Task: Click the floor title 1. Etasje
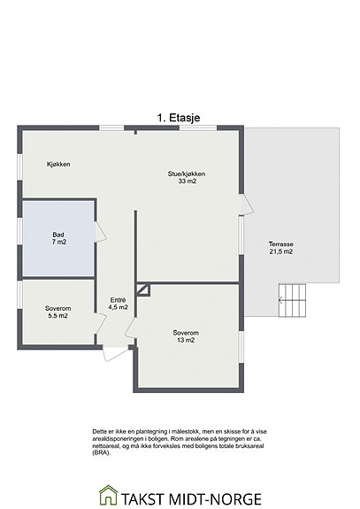(x=179, y=118)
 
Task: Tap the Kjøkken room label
(x=58, y=165)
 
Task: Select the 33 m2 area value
(x=188, y=181)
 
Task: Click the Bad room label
(x=58, y=235)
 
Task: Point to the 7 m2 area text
(x=59, y=242)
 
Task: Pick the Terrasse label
(x=281, y=244)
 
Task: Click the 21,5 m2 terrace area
(x=281, y=251)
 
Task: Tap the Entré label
(x=118, y=300)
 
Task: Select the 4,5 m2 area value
(x=118, y=307)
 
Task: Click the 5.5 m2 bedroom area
(x=57, y=315)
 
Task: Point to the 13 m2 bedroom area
(x=186, y=340)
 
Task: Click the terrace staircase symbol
(x=292, y=301)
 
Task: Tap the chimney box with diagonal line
(x=143, y=290)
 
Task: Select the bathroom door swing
(x=100, y=231)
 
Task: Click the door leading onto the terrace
(x=247, y=204)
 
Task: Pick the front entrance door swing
(x=115, y=354)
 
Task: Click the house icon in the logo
(x=108, y=495)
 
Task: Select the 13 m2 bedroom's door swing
(x=131, y=328)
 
